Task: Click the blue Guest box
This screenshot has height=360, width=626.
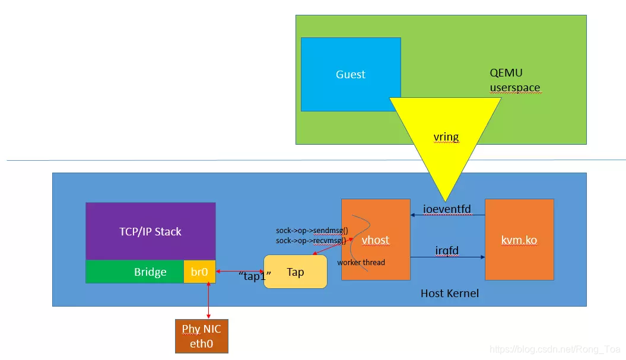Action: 350,74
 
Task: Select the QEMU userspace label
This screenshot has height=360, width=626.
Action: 514,81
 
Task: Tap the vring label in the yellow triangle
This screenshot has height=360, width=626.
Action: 446,137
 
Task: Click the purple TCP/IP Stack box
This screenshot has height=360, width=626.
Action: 150,231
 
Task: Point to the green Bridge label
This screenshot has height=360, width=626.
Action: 150,272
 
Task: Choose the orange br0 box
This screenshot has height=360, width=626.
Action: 199,272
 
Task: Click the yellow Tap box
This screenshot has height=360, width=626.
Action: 295,272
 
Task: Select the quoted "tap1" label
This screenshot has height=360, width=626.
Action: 255,276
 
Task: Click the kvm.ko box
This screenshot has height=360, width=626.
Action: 519,240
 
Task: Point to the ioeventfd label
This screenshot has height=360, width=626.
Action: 447,209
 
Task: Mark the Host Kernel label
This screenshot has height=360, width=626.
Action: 449,293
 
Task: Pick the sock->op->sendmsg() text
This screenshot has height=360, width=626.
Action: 312,231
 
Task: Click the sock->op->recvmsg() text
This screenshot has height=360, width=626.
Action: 311,240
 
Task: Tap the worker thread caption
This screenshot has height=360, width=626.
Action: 361,262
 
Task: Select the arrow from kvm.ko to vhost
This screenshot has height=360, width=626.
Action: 448,216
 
